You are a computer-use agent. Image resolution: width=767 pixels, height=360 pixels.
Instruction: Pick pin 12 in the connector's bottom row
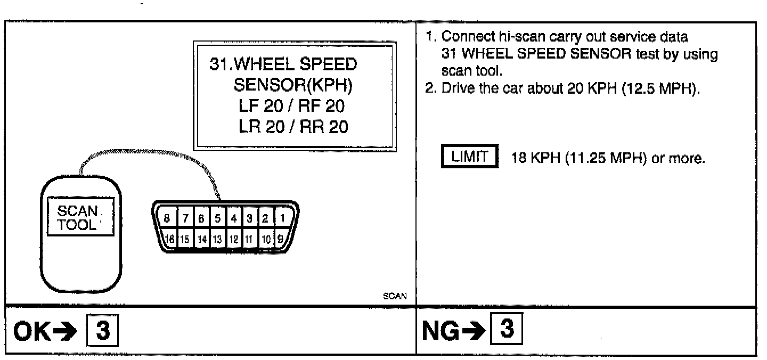click(x=233, y=239)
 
